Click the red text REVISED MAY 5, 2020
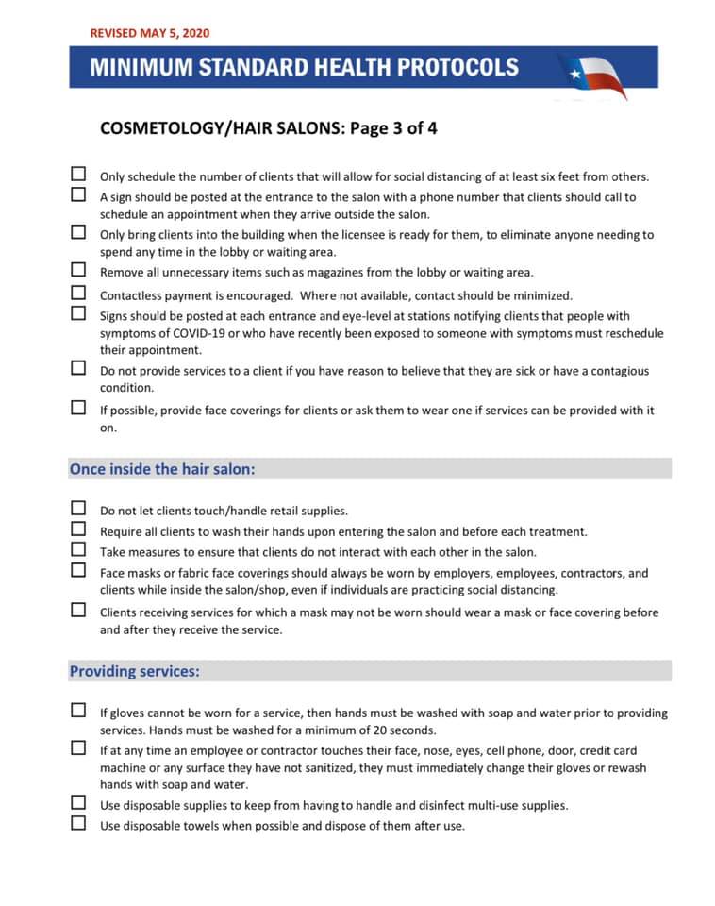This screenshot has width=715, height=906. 150,33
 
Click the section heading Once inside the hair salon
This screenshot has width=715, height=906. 162,468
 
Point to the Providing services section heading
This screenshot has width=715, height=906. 134,671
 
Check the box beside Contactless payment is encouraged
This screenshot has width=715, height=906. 79,294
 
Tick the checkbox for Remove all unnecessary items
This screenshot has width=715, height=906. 79,270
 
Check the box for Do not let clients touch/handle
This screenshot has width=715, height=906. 79,509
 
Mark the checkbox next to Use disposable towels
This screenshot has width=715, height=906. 79,823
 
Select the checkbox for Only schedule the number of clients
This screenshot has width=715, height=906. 79,175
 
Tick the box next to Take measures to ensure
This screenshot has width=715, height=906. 79,550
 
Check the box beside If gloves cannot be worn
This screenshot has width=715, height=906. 79,711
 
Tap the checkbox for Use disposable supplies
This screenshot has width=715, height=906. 79,803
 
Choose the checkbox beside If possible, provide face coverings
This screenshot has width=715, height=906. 79,409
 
